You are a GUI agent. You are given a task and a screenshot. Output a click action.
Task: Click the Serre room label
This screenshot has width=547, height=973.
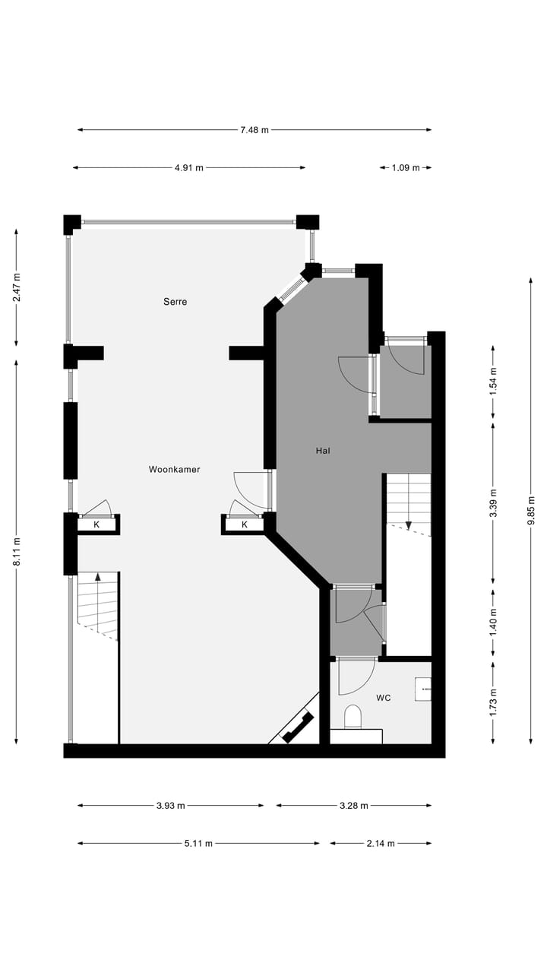pos(175,302)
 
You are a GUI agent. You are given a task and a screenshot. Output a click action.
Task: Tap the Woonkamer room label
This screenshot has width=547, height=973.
pos(174,470)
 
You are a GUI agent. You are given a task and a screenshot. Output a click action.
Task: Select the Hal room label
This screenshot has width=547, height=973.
pos(323,451)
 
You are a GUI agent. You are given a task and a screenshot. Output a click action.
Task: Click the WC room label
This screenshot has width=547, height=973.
pos(384,698)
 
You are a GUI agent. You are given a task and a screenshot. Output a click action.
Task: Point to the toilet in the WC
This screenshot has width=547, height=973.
pos(353,717)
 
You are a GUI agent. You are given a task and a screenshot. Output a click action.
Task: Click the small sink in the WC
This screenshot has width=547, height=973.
pos(423,689)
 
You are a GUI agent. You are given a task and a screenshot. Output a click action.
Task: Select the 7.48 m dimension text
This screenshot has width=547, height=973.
pos(255,130)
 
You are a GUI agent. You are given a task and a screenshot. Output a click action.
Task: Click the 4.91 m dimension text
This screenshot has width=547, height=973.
pos(188,168)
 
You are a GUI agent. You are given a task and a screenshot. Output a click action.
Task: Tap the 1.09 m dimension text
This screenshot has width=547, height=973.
pos(406,168)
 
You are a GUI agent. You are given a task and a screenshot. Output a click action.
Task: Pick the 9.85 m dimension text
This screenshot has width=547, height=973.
pos(531,511)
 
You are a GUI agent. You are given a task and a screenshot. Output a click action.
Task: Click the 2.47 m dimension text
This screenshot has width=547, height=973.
pos(17,287)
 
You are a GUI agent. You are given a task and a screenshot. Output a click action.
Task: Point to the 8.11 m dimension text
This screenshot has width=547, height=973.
pos(17,551)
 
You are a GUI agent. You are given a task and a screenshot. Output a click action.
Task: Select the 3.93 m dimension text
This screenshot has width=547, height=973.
pos(170,806)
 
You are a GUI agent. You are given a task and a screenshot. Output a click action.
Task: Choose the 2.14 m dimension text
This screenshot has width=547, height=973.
pos(381,843)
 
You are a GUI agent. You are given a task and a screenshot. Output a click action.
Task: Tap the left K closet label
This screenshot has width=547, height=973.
pos(96,525)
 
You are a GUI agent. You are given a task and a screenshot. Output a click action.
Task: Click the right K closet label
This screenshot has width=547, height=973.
pos(245,525)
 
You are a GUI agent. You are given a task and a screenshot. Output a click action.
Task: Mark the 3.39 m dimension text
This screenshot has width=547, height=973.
pos(493,503)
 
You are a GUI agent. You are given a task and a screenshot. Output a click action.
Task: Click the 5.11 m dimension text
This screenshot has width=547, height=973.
pos(198,843)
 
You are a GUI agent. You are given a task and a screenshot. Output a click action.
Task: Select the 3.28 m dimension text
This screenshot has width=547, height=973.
pos(353,806)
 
